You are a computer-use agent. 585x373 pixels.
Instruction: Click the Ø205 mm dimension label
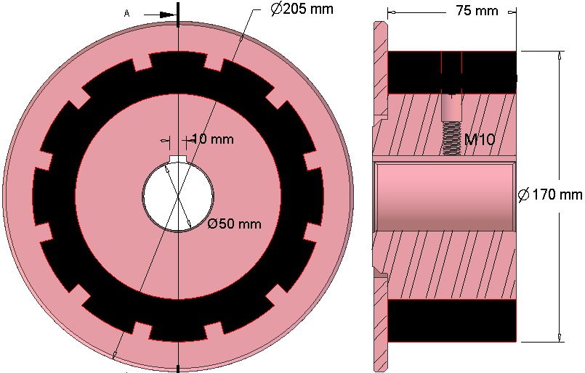[302, 9]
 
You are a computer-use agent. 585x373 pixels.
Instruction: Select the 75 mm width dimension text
[477, 11]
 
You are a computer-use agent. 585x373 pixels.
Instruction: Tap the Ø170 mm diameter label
[550, 194]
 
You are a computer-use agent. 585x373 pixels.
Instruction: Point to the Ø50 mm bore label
[234, 224]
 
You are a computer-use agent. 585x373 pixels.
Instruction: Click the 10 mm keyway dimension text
[213, 139]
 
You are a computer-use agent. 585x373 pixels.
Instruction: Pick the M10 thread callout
[480, 140]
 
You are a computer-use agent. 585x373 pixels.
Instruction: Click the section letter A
[127, 14]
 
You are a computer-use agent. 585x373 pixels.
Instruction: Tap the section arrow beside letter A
[161, 15]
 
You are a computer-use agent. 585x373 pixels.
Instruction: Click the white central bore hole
[178, 197]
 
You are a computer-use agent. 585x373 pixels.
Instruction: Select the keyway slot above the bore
[178, 159]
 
